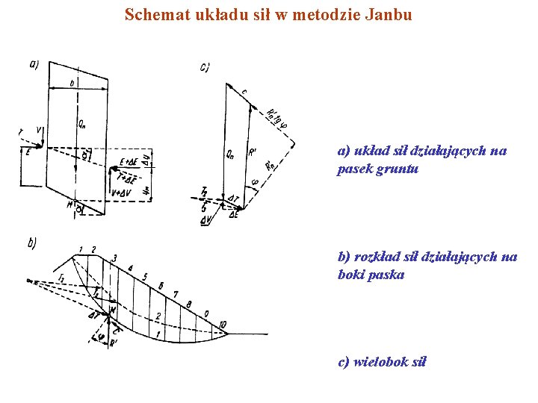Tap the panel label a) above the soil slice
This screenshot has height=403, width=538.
[x=34, y=64]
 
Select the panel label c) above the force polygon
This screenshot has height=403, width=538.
[x=205, y=68]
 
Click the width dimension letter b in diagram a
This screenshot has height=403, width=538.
[x=72, y=83]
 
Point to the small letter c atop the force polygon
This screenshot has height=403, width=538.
[x=244, y=91]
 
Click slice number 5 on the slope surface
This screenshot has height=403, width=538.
[x=145, y=277]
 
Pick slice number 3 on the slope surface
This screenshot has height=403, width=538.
[x=114, y=258]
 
